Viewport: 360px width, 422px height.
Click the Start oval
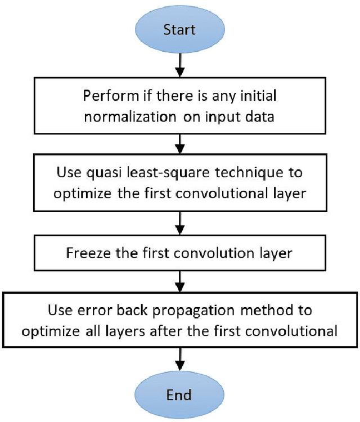(x=179, y=30)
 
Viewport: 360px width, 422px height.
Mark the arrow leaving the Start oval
(x=179, y=65)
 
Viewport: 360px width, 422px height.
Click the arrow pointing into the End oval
(x=179, y=358)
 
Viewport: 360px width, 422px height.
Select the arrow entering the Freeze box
(x=179, y=224)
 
